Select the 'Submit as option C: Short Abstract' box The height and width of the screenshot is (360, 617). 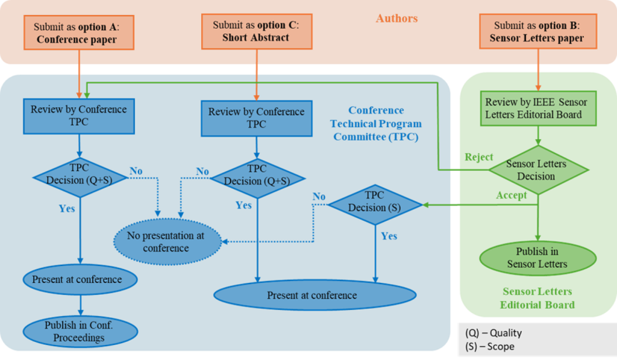255,31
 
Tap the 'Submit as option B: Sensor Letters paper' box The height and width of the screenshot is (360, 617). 536,32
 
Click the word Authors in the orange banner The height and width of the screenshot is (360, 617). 396,19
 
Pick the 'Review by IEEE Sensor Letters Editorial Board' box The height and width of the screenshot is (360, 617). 536,108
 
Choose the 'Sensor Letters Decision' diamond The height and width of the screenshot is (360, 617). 536,170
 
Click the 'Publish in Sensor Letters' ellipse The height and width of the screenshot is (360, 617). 536,257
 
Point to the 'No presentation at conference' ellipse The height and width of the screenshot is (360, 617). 166,242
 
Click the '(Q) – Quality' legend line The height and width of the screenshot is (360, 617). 493,333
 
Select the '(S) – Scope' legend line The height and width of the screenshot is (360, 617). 490,347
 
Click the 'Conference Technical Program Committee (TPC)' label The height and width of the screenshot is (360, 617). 376,124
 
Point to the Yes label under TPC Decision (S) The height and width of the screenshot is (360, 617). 389,236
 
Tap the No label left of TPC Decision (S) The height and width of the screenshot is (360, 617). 319,197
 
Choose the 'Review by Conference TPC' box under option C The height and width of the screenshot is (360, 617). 257,118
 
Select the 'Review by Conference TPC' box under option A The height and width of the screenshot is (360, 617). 79,115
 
